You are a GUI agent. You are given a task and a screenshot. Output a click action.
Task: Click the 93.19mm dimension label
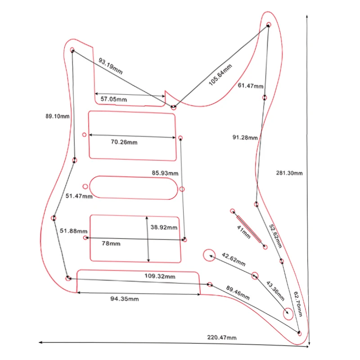110,66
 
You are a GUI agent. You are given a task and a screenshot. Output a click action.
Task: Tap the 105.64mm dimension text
221,75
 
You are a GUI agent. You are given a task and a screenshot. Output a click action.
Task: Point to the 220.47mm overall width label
221,337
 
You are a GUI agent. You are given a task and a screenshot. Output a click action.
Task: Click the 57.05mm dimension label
113,99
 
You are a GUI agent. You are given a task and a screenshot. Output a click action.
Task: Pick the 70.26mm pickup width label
124,142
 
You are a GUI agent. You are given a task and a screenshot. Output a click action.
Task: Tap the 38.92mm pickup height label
164,228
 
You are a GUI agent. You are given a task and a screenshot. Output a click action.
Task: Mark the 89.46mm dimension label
238,293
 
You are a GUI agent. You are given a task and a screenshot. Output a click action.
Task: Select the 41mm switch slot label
243,233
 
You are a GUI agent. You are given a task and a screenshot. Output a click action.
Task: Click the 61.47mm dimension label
251,85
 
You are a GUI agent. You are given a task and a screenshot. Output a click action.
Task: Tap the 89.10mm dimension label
57,116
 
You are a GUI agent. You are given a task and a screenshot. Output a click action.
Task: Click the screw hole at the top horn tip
269,24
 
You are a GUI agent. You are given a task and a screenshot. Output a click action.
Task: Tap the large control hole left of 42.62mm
209,255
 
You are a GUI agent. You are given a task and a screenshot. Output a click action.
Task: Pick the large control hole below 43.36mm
288,313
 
